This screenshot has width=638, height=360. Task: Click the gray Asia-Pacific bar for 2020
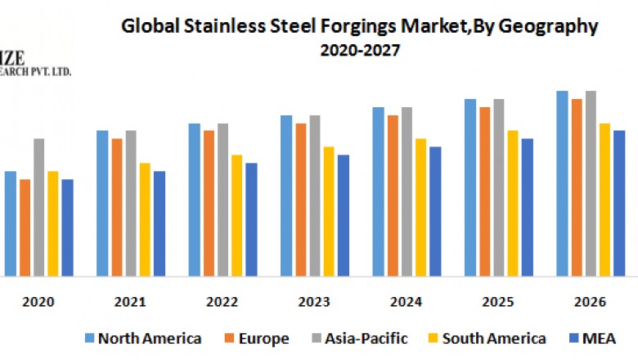click(x=39, y=208)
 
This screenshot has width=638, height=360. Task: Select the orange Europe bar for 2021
click(x=117, y=208)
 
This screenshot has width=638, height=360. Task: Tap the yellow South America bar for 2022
click(x=237, y=216)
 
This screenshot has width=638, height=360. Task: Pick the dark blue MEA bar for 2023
click(x=344, y=216)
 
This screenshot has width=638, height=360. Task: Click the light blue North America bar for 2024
click(x=379, y=192)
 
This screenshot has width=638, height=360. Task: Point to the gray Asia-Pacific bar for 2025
click(x=499, y=188)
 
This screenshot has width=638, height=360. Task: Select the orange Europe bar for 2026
click(x=577, y=188)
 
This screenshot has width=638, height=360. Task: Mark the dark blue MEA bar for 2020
click(x=67, y=228)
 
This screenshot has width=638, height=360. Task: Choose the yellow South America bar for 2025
click(x=513, y=204)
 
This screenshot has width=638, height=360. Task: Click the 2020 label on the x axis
click(x=38, y=302)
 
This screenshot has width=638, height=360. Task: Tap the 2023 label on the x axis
click(x=314, y=302)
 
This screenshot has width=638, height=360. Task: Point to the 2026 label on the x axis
click(x=590, y=302)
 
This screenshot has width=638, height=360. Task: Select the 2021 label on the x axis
click(x=130, y=302)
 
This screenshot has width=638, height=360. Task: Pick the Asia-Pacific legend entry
click(x=365, y=338)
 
